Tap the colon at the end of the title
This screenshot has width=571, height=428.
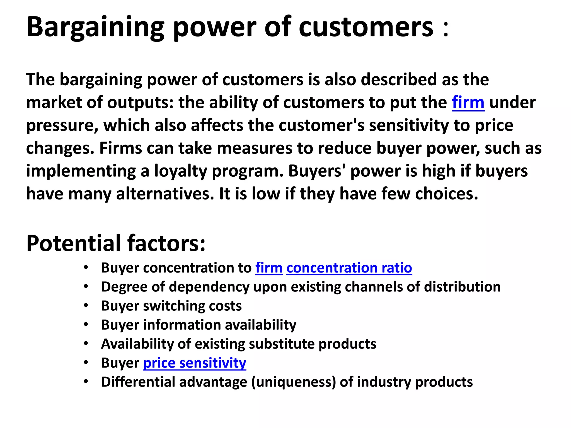[x=446, y=29]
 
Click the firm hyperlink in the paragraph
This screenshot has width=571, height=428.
[x=468, y=102]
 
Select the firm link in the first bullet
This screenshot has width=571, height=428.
[x=269, y=268]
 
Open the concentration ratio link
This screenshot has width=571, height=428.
[x=349, y=268]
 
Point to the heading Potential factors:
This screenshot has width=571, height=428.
[x=116, y=243]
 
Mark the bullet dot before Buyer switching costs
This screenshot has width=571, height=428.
[x=86, y=306]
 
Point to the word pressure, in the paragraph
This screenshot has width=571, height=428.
[x=62, y=126]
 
